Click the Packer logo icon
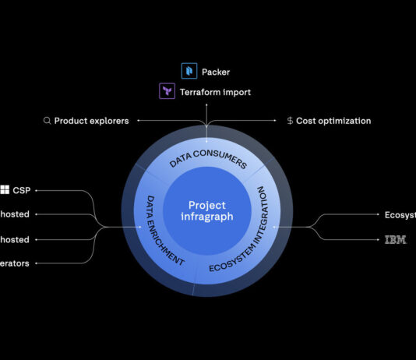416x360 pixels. (189, 72)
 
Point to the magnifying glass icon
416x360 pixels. (47, 121)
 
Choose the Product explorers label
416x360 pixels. (91, 121)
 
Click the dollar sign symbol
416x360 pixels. (290, 121)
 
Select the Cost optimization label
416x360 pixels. (333, 121)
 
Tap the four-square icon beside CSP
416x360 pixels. (5, 189)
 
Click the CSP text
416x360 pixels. (21, 189)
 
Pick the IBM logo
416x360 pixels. (395, 240)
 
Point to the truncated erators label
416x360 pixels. (15, 263)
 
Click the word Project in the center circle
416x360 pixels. (207, 205)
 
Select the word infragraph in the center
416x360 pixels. (207, 217)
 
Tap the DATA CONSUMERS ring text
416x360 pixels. (208, 158)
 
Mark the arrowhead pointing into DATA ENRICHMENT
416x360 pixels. (141, 227)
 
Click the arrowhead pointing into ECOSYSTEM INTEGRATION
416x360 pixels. (273, 227)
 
